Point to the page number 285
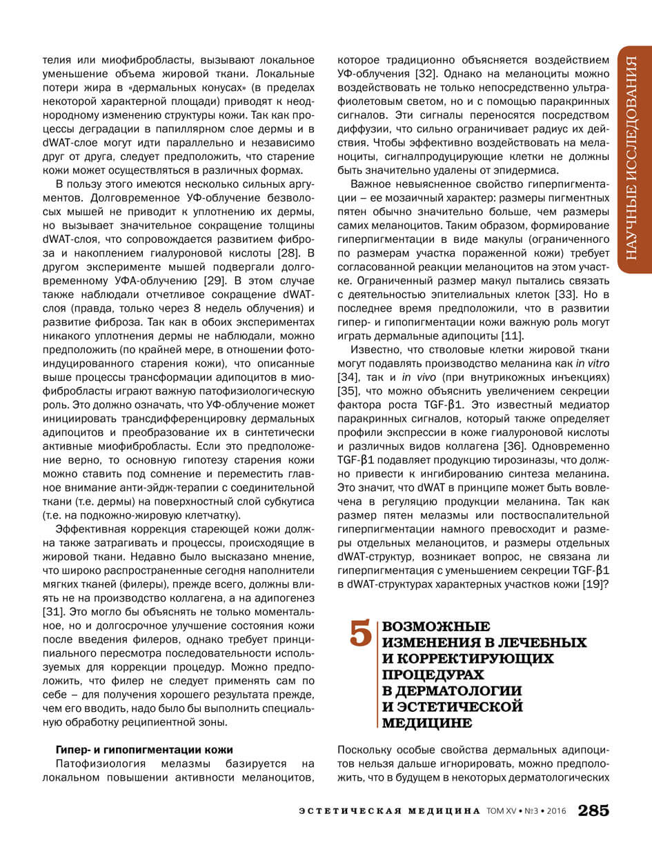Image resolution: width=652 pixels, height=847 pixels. (594, 811)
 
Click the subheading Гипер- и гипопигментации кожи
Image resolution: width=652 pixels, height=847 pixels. (144, 750)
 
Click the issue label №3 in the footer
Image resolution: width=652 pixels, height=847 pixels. (529, 812)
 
